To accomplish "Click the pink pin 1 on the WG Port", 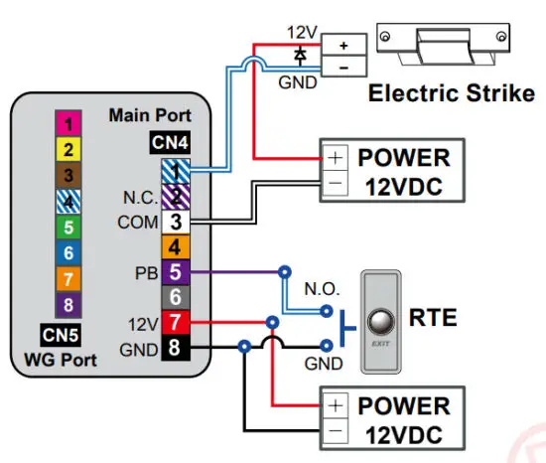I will [x=68, y=124].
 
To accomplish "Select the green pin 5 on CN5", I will [x=68, y=228].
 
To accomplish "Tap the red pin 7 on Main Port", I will [x=174, y=322].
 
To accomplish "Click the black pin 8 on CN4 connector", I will [x=174, y=348].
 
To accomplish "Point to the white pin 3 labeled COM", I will [x=174, y=222].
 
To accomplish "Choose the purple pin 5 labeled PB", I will [x=174, y=271].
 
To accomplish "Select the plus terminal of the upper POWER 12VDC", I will [x=336, y=158].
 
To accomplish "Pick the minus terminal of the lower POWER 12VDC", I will [x=336, y=431].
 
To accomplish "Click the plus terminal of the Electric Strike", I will [x=342, y=46].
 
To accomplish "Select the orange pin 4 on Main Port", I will [x=174, y=246].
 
